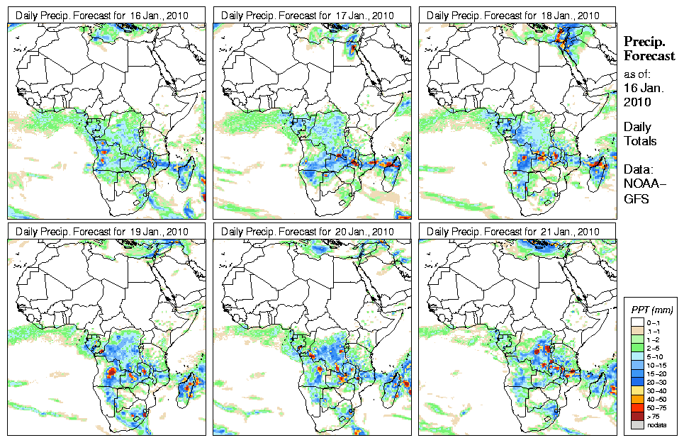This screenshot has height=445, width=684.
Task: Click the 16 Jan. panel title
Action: point(106,15)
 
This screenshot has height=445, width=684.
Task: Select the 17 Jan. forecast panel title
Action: point(311,15)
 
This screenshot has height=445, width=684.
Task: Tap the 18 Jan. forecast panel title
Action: point(517,15)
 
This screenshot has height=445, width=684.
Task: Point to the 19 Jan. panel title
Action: point(106,232)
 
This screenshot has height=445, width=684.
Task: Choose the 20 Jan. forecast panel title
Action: point(311,232)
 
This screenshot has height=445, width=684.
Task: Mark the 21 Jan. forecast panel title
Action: point(517,232)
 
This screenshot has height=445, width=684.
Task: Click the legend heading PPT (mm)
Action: point(651,310)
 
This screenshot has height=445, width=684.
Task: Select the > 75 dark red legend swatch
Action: point(637,417)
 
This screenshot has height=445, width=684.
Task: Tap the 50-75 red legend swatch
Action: point(637,408)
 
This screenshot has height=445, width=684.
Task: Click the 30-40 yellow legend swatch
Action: point(637,390)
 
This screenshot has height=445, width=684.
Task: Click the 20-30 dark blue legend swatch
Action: point(637,382)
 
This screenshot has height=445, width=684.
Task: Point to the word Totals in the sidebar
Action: point(640,141)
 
